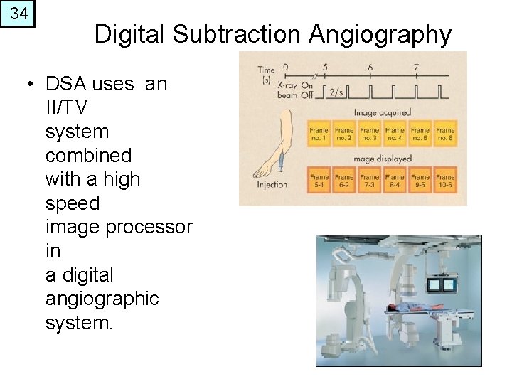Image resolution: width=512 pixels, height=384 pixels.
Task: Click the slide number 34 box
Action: tap(18, 14)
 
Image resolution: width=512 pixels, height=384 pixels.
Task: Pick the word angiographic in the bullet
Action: tap(102, 299)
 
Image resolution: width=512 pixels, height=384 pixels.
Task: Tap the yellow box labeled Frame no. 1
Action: tap(319, 134)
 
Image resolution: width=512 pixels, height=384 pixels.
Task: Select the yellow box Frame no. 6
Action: tap(445, 134)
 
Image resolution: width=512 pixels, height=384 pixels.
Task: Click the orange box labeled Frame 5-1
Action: tap(319, 181)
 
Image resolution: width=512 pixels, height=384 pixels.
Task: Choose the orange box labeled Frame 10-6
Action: tap(445, 181)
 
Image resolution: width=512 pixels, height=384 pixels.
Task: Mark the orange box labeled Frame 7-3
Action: tap(369, 181)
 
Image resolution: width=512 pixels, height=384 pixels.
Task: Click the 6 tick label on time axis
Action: tap(370, 68)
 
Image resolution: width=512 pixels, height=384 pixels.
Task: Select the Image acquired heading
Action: tap(382, 112)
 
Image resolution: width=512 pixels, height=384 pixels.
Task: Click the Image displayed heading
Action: tap(382, 159)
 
